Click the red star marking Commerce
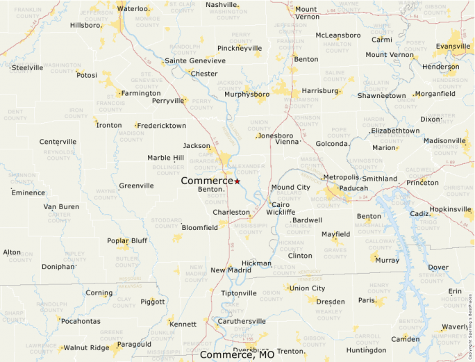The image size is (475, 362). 237,181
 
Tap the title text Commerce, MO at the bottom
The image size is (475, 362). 237,355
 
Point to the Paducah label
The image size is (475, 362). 353,188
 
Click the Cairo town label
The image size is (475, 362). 280,205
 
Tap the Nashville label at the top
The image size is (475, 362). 222,5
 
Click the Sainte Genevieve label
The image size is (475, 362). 195,61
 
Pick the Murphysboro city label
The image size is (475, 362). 247,94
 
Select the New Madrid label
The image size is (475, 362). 231,270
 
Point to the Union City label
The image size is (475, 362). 307,288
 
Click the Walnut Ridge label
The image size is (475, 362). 86,347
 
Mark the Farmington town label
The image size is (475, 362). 141,93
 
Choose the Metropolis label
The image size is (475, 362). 340,177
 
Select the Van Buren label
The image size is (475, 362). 61,207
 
